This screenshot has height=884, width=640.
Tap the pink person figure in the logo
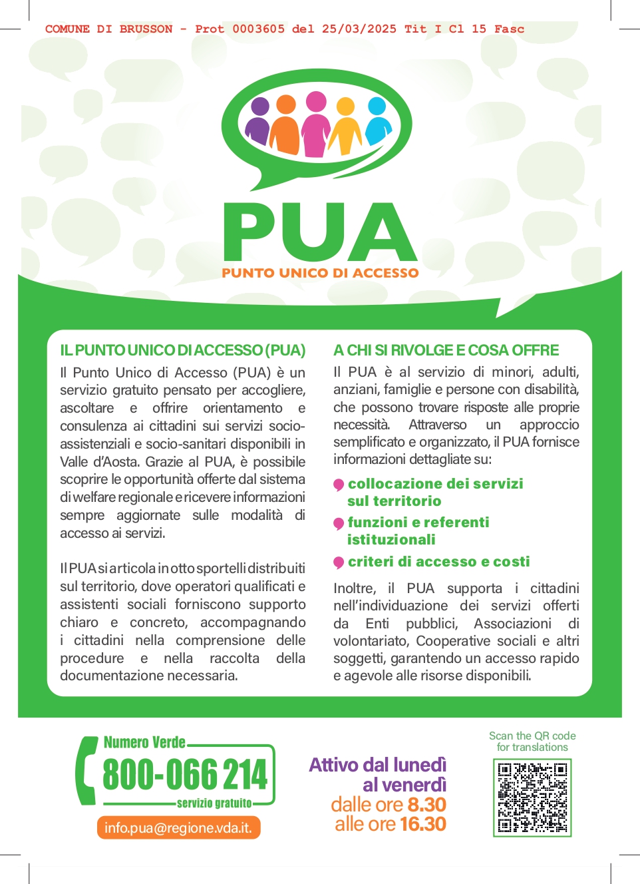coord(316,125)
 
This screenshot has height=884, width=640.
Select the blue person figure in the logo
coord(377,122)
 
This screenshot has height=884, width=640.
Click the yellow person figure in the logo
coord(346,125)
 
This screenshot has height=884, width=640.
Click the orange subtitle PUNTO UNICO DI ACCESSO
coord(320,273)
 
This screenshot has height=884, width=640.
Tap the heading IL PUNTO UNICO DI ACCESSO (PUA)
coord(183,350)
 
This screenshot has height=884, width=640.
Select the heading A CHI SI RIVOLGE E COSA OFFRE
coord(446,350)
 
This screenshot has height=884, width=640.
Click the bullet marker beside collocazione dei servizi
coord(339,485)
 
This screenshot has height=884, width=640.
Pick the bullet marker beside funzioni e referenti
coord(339,523)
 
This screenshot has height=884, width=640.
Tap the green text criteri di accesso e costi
coord(438,561)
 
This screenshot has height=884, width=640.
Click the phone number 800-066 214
coord(185,774)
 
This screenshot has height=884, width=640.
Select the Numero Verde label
coord(144,742)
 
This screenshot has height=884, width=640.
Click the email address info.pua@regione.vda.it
coord(178,828)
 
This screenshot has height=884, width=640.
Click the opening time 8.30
coord(426,804)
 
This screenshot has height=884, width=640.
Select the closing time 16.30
coord(422,824)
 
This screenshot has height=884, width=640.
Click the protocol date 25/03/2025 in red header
coord(359,29)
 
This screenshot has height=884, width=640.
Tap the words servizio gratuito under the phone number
coord(214,803)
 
